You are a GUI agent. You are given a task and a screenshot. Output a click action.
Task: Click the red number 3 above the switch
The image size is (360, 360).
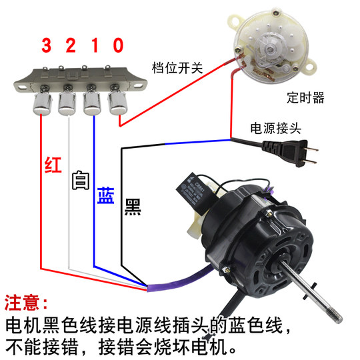pyautogui.click(x=46, y=45)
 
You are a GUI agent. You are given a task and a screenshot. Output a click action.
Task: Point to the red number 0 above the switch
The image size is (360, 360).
pyautogui.click(x=118, y=45)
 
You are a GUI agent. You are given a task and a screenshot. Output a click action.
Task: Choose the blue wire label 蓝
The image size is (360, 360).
pyautogui.click(x=105, y=196)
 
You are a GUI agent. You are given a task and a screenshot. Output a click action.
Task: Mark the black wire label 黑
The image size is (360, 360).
pyautogui.click(x=132, y=207)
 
